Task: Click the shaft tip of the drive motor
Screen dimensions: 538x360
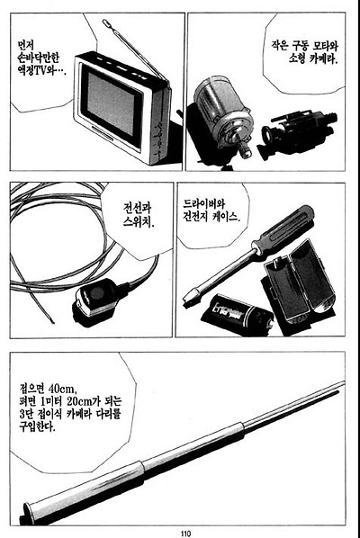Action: (x=245, y=149)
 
